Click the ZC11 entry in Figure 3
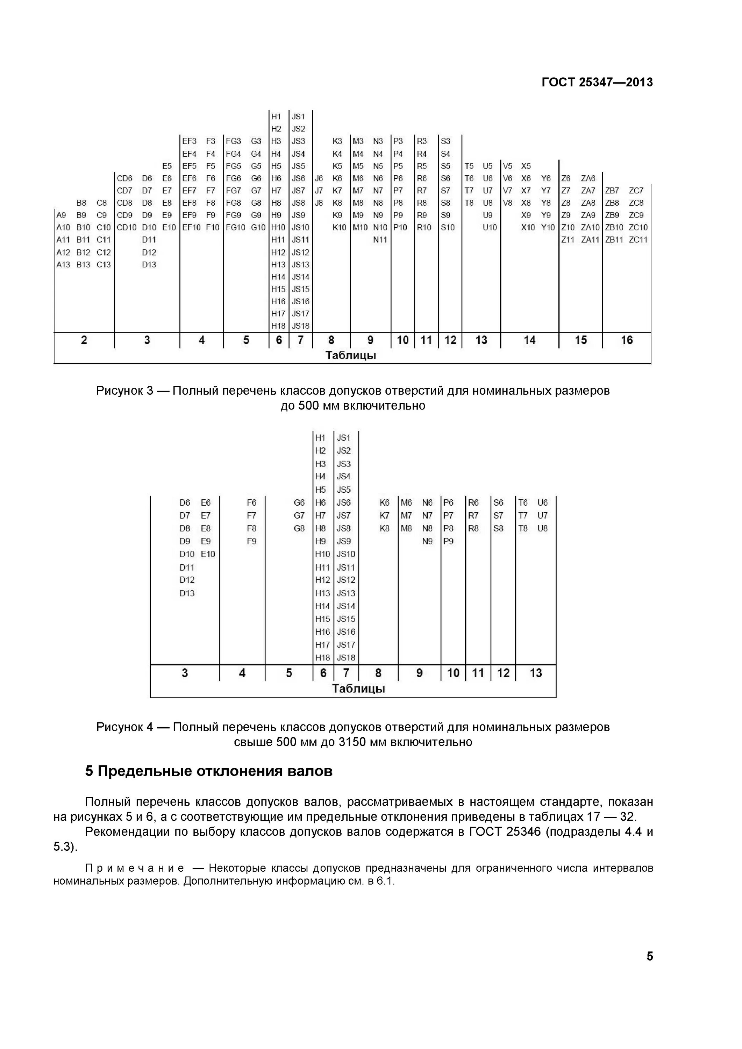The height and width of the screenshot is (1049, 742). (638, 240)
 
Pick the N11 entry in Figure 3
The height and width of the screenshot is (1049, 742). (380, 240)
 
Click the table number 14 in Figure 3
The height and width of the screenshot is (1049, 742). (529, 340)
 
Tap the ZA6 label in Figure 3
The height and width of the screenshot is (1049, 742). (588, 178)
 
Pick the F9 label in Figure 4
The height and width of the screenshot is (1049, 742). (251, 541)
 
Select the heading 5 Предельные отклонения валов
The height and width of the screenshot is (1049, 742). (208, 771)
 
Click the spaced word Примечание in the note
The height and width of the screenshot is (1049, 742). (135, 868)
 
